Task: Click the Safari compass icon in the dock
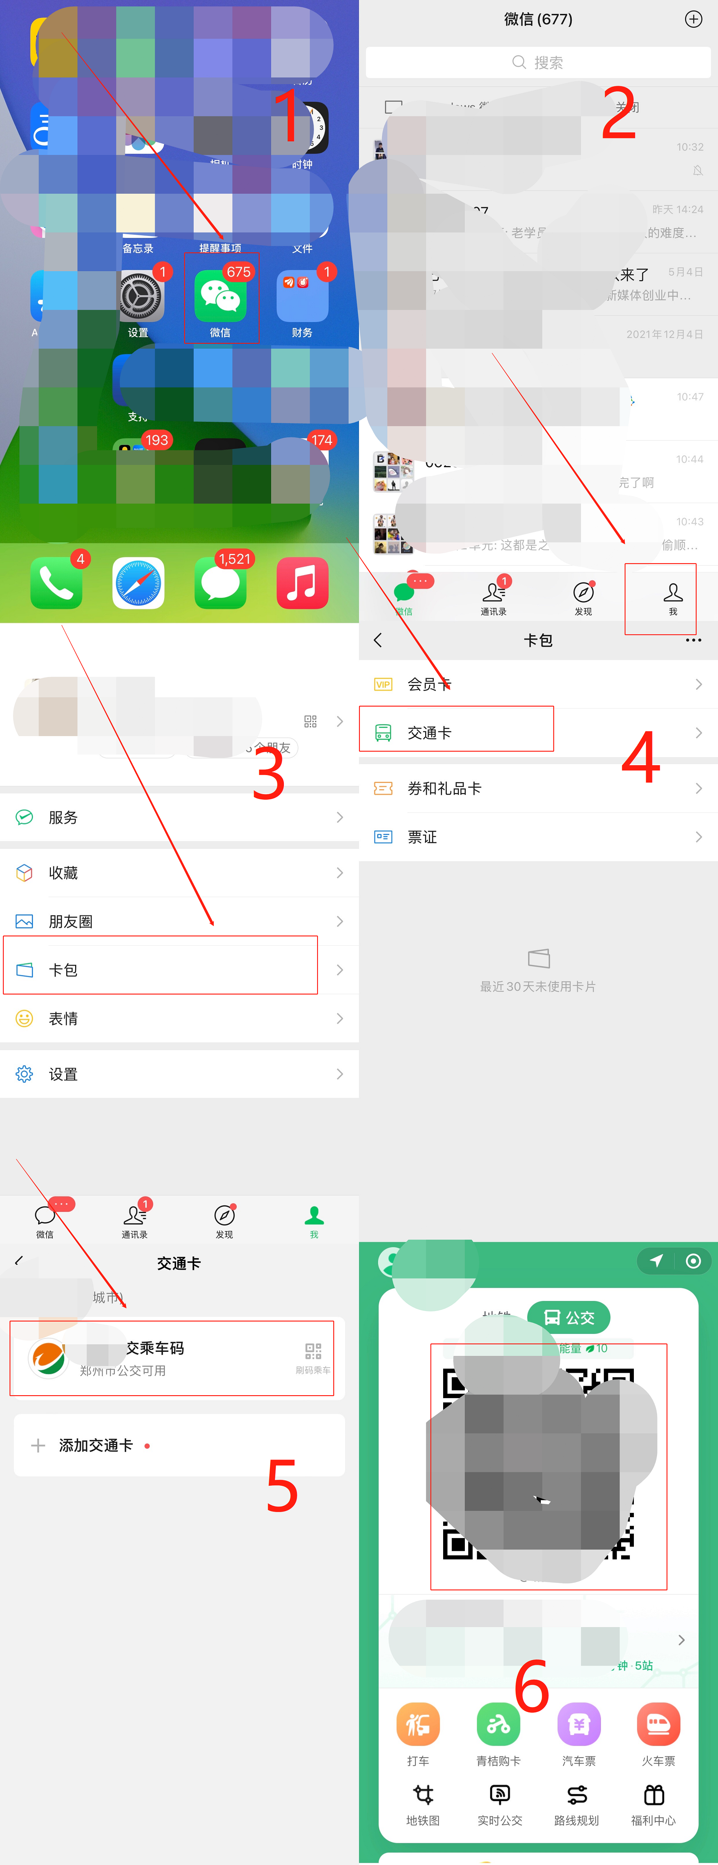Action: tap(138, 583)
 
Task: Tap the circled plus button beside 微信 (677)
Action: tap(693, 19)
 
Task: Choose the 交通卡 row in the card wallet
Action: tap(456, 732)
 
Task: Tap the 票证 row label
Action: tap(422, 837)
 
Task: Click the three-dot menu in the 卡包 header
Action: tap(693, 640)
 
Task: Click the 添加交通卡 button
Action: tap(95, 1445)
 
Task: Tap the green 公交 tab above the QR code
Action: tap(569, 1317)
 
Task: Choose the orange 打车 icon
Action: tap(418, 1725)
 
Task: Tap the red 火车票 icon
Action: tap(658, 1725)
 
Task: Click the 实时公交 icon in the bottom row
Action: tap(499, 1795)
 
